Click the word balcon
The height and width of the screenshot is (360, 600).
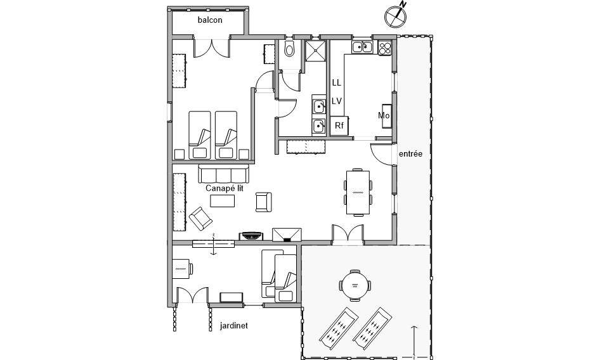210,20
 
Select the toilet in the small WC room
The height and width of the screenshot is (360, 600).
290,49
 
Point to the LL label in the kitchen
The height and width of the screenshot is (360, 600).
337,83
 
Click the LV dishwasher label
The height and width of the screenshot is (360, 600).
337,101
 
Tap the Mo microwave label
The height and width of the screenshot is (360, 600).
383,115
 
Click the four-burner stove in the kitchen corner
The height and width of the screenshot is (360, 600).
385,47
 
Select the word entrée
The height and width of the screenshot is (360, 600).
410,154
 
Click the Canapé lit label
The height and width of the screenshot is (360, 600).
225,188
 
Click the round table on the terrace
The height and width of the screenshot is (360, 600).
354,283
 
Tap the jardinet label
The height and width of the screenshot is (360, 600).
233,326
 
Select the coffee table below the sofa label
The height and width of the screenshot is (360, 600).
222,201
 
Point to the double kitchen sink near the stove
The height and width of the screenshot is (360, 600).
362,46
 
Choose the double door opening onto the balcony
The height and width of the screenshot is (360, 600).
209,49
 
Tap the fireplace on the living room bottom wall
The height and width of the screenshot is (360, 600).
287,235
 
